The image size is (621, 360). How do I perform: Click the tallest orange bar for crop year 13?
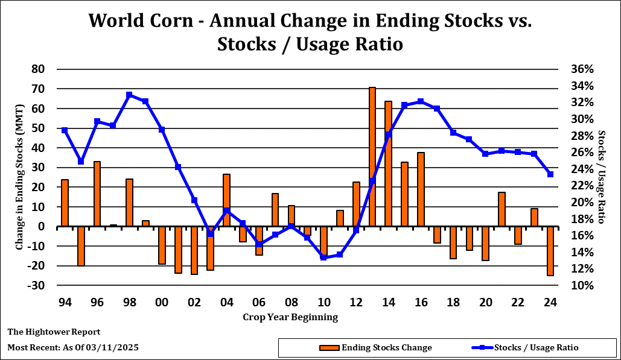click(x=372, y=157)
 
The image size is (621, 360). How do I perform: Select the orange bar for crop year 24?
click(x=550, y=251)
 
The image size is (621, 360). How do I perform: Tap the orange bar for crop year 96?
click(x=97, y=194)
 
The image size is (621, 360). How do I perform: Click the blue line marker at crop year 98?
click(x=129, y=95)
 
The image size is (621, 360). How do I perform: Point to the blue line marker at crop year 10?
click(x=323, y=257)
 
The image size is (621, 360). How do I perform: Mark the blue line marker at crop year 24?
click(x=550, y=174)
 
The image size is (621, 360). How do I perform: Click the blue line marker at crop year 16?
click(x=421, y=101)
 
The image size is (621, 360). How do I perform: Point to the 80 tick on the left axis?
click(x=39, y=69)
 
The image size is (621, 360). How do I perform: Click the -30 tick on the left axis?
click(x=36, y=285)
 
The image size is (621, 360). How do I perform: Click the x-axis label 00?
click(x=162, y=302)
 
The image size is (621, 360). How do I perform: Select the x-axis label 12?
click(x=356, y=302)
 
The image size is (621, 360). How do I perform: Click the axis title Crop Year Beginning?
click(x=290, y=317)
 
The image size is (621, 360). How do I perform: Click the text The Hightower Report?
click(x=54, y=332)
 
